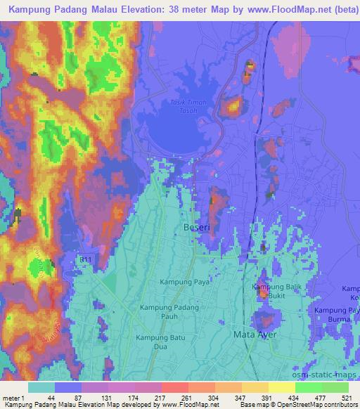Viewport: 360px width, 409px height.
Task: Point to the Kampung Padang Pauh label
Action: tap(169, 312)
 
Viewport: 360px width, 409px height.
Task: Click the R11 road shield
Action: tap(85, 261)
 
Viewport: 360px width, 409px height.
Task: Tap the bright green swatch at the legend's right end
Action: tap(335, 387)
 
